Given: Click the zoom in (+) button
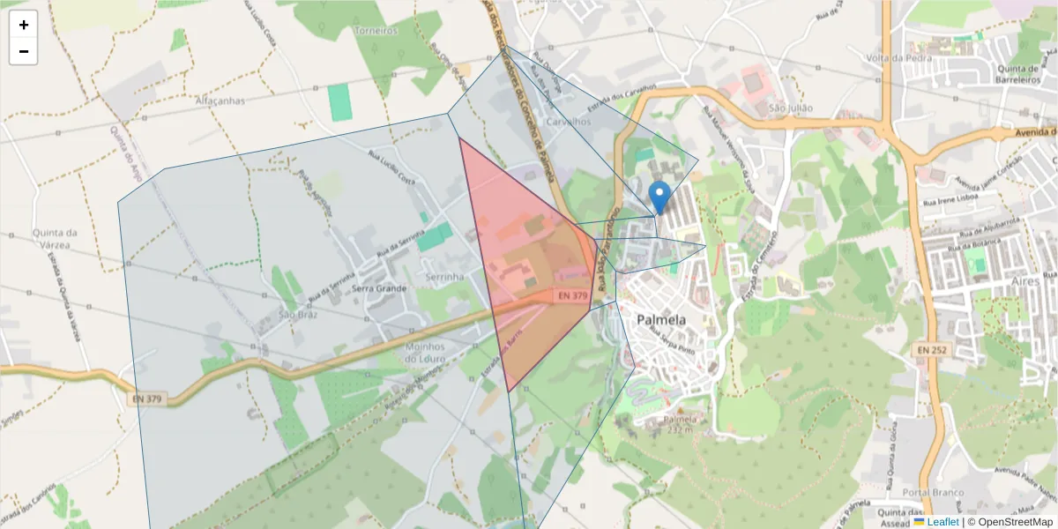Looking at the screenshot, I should click(x=24, y=25).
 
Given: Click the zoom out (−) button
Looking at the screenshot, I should click(x=24, y=51).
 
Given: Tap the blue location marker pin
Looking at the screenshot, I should click(x=659, y=197).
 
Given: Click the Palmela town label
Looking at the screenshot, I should click(x=662, y=320).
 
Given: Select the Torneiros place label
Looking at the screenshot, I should click(x=376, y=30).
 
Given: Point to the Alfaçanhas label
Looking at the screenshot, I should click(x=220, y=101).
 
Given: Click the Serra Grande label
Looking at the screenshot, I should click(x=379, y=288).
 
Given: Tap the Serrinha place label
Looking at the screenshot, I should click(x=444, y=277).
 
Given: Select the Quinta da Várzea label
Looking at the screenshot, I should click(x=55, y=239).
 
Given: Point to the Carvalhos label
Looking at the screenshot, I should click(x=568, y=122).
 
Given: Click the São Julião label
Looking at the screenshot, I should click(x=790, y=108).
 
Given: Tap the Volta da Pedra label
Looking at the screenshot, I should click(x=899, y=59).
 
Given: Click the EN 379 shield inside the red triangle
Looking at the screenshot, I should click(x=572, y=296).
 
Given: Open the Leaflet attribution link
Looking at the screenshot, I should click(x=942, y=522).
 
